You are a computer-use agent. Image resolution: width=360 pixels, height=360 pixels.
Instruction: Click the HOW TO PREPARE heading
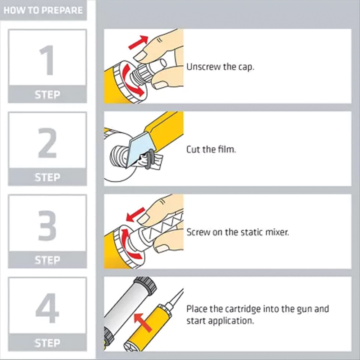click(44, 10)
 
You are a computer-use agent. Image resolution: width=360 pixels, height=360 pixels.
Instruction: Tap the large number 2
click(47, 143)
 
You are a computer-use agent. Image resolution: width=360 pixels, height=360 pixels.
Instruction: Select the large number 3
click(47, 226)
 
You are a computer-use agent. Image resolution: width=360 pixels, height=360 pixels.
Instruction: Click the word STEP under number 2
click(47, 178)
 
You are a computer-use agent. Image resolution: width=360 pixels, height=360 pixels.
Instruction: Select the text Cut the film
click(211, 149)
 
